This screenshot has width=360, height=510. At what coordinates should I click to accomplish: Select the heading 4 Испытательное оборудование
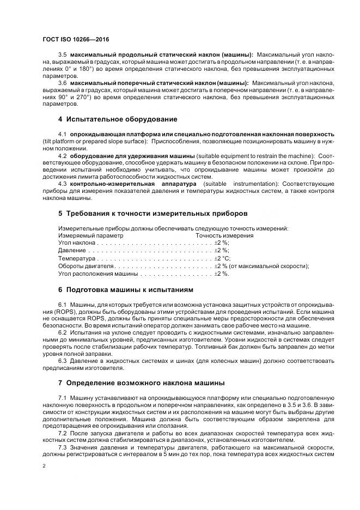pos(117,119)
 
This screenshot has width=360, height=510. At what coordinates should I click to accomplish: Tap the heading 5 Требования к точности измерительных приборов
pos(152,213)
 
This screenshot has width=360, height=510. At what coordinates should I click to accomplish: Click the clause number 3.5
pos(62,55)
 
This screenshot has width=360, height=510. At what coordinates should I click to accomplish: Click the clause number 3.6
pos(62,83)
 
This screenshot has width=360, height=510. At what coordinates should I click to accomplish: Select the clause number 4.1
pos(62,134)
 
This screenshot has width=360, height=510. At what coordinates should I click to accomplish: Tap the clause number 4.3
pos(62,184)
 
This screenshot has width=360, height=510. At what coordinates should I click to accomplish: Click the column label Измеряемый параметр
pos(90,235)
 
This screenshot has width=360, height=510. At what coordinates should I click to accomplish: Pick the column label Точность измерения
pos(224,235)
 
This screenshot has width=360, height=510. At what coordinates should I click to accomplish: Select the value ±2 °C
pos(222,258)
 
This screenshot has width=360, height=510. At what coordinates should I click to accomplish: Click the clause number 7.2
pos(62,434)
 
